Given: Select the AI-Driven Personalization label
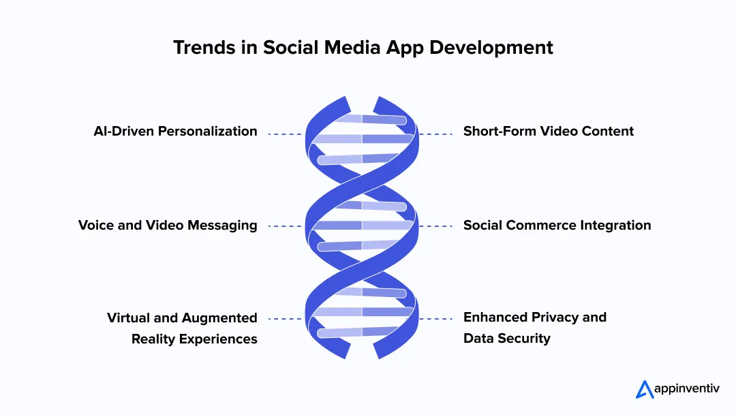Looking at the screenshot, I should [175, 132].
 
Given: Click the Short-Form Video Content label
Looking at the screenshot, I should [549, 132].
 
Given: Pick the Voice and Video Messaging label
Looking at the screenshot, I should [168, 226].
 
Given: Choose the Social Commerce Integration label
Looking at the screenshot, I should [557, 226].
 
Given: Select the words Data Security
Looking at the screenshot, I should [506, 339].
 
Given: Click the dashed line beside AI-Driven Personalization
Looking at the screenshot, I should [285, 134].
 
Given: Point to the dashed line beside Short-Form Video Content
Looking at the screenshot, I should [436, 134].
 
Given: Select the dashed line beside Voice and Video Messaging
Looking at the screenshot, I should [285, 226].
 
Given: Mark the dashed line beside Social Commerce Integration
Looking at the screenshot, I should [436, 226].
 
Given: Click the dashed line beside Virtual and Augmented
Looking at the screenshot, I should [285, 318].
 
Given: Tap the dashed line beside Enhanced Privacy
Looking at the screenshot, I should [436, 318].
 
